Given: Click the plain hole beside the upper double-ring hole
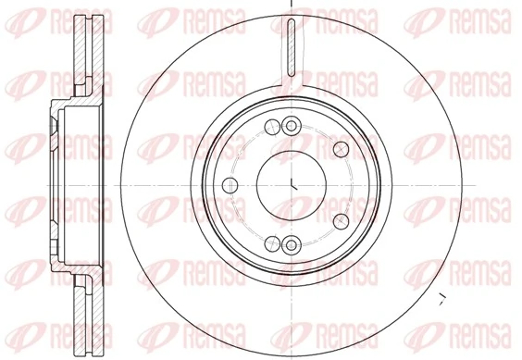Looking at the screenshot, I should click(270, 128).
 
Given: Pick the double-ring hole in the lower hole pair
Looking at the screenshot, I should click(292, 244).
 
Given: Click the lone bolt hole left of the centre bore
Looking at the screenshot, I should click(228, 184).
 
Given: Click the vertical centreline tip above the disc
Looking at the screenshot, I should click(292, 4).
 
